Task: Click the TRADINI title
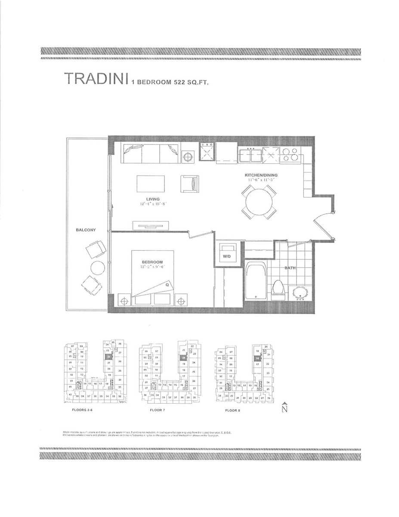(96, 79)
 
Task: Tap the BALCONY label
(87, 230)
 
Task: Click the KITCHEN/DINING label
(261, 175)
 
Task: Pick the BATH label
(290, 268)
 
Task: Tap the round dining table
(259, 201)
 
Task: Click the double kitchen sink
(250, 155)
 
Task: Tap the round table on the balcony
(97, 268)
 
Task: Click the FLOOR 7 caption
(157, 410)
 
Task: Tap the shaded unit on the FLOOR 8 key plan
(257, 358)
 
